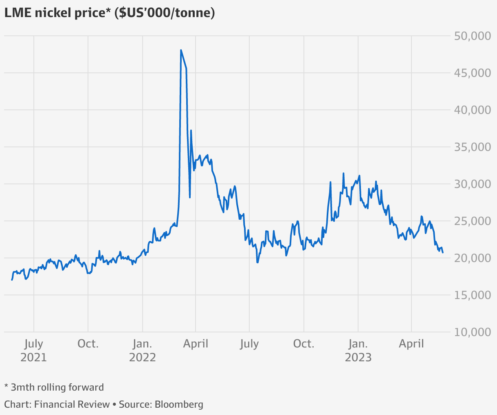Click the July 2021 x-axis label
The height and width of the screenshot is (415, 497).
33,351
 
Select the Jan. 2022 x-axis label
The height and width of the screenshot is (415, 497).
143,351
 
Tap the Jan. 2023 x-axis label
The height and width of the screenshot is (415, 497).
358,351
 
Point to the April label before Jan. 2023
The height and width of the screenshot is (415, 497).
196,344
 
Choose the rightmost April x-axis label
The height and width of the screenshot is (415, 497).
411,344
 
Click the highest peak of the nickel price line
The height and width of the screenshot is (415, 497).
181,50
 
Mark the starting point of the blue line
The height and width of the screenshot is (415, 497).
12,280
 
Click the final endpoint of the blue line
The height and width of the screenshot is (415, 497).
443,253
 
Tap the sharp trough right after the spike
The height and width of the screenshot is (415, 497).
190,197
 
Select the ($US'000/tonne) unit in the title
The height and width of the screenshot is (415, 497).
165,13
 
